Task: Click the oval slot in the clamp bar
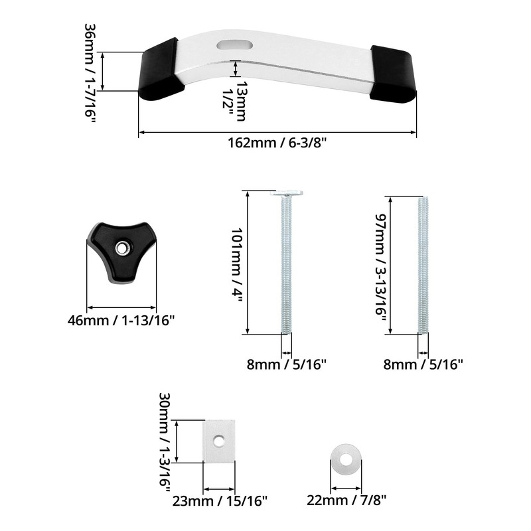click(235, 45)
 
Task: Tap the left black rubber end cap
click(161, 70)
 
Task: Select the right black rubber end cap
click(393, 74)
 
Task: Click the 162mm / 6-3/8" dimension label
click(277, 143)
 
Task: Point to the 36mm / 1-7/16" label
click(90, 73)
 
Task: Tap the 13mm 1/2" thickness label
click(235, 101)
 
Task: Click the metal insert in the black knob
click(121, 248)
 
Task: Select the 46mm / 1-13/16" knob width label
click(121, 321)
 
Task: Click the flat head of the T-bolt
click(286, 194)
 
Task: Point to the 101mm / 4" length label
click(237, 265)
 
